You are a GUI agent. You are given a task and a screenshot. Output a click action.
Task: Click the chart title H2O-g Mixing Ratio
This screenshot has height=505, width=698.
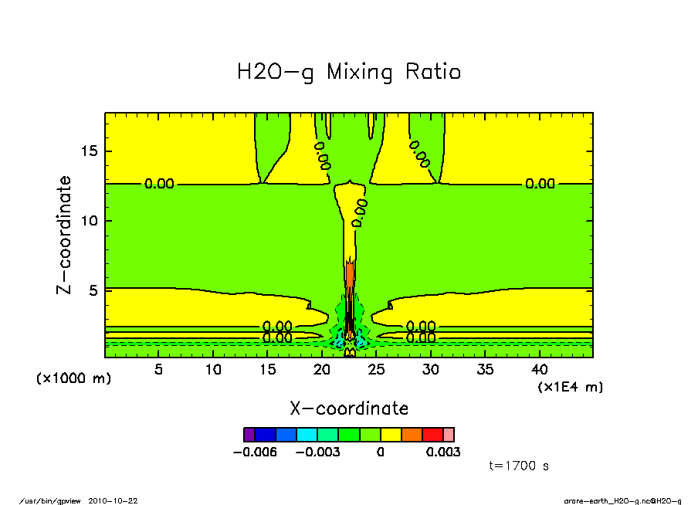point(348,73)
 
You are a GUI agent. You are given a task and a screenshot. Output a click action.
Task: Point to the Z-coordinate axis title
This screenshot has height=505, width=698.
point(66,235)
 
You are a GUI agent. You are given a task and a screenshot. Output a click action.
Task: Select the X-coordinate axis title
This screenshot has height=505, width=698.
point(348,408)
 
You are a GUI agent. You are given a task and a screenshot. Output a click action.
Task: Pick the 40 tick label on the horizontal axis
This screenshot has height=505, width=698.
point(539,369)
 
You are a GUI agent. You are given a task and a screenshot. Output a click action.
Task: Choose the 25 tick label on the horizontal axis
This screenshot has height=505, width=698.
point(376,369)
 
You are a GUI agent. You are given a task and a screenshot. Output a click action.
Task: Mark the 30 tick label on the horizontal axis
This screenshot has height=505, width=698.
point(431,369)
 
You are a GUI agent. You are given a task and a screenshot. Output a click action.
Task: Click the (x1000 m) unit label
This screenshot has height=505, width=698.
point(73,378)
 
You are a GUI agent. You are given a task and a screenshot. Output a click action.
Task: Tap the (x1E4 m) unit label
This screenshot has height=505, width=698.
point(570,386)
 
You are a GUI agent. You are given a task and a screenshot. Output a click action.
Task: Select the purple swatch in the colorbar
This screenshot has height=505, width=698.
point(249,435)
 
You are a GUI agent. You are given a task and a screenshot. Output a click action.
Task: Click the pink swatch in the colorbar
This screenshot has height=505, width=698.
point(449,435)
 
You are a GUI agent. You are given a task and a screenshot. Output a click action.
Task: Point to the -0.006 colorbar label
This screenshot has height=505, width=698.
point(254,452)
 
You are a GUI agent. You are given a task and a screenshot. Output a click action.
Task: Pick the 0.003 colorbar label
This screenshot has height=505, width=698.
point(443,452)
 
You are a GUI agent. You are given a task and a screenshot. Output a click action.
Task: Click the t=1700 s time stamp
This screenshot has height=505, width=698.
point(519,466)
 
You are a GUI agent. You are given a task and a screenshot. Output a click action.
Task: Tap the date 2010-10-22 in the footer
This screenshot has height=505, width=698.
point(118,500)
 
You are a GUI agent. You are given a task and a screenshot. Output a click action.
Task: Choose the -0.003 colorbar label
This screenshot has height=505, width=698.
point(317,452)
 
